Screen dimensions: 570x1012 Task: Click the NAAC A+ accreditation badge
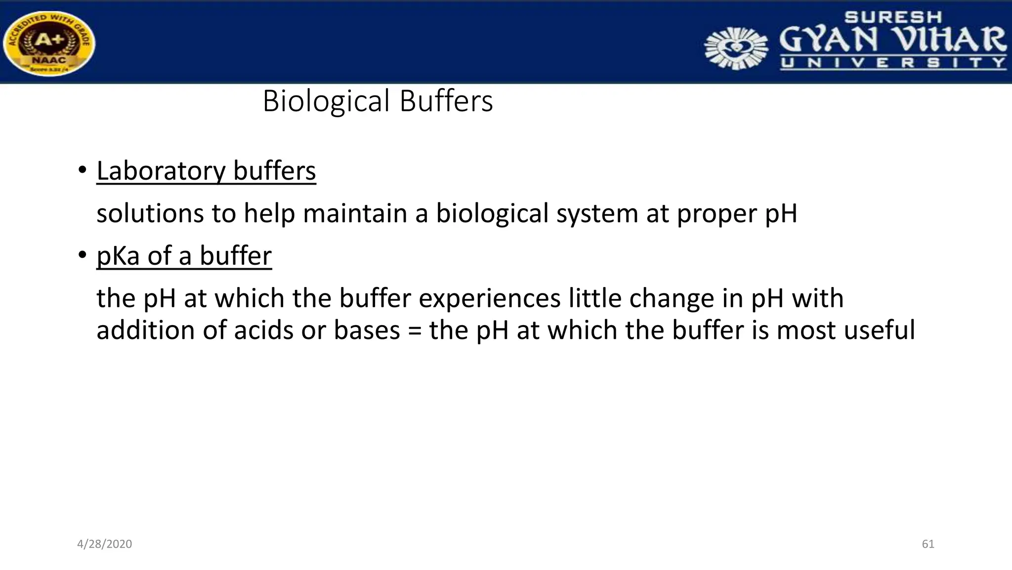pyautogui.click(x=48, y=44)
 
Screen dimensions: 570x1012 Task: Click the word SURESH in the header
pyautogui.click(x=893, y=17)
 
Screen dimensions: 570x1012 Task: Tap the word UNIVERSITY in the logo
pyautogui.click(x=893, y=63)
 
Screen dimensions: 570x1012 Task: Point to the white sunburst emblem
pyautogui.click(x=736, y=48)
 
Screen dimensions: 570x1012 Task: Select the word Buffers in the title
pyautogui.click(x=446, y=101)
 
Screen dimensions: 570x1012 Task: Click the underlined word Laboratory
pyautogui.click(x=161, y=171)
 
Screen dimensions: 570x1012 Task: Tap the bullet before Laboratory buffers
pyautogui.click(x=82, y=171)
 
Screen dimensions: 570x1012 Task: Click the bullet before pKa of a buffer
pyautogui.click(x=82, y=256)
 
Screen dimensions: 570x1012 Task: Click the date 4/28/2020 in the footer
pyautogui.click(x=105, y=544)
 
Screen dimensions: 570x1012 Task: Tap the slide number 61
pyautogui.click(x=928, y=544)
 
